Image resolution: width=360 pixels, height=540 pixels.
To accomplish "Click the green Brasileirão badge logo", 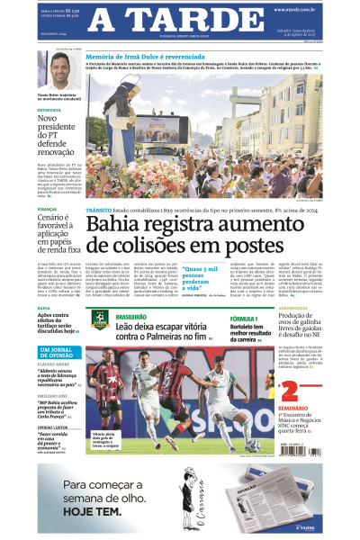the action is click(x=100, y=319).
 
